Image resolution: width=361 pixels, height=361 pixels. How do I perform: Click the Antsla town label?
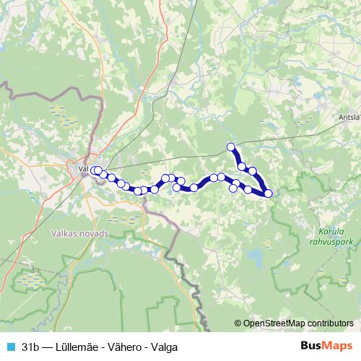click(349, 116)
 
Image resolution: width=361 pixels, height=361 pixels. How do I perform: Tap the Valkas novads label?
click(80, 233)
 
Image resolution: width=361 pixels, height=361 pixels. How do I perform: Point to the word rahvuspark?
click(334, 242)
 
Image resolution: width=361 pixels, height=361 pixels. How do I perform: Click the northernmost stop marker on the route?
click(231, 147)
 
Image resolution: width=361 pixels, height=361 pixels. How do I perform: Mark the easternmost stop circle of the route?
click(269, 193)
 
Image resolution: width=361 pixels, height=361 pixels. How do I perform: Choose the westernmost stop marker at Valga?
click(94, 170)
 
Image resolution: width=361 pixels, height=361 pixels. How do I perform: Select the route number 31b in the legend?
click(30, 347)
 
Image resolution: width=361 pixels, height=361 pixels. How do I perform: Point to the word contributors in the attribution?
click(329, 323)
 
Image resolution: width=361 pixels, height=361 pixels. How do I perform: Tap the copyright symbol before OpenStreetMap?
click(238, 323)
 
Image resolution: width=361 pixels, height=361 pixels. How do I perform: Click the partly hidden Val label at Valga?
click(82, 170)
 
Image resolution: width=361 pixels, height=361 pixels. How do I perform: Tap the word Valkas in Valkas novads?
click(66, 233)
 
